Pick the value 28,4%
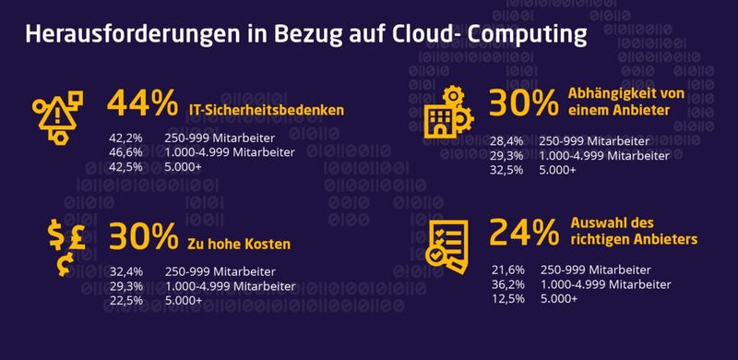[508, 142]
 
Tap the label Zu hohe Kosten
[240, 245]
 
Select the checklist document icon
[448, 242]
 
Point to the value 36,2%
[508, 284]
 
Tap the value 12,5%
[508, 299]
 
